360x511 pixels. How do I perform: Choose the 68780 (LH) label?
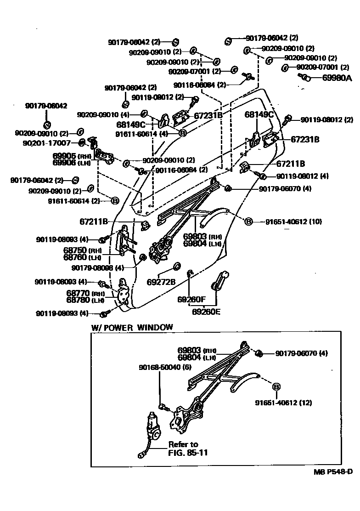[x=85, y=300]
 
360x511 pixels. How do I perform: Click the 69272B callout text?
[x=161, y=281]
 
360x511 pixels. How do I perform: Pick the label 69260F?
[x=191, y=300]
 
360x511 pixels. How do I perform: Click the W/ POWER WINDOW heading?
[x=132, y=327]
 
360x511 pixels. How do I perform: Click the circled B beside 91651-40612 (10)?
[x=248, y=221]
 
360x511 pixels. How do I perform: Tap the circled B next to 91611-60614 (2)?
[x=114, y=200]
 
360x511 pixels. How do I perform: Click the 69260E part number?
[x=206, y=312]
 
